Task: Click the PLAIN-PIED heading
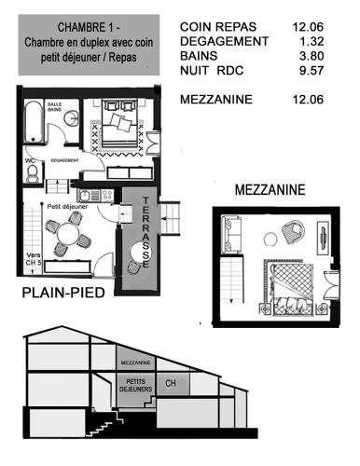coord(61,295)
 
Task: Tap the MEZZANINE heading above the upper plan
coord(270,188)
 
